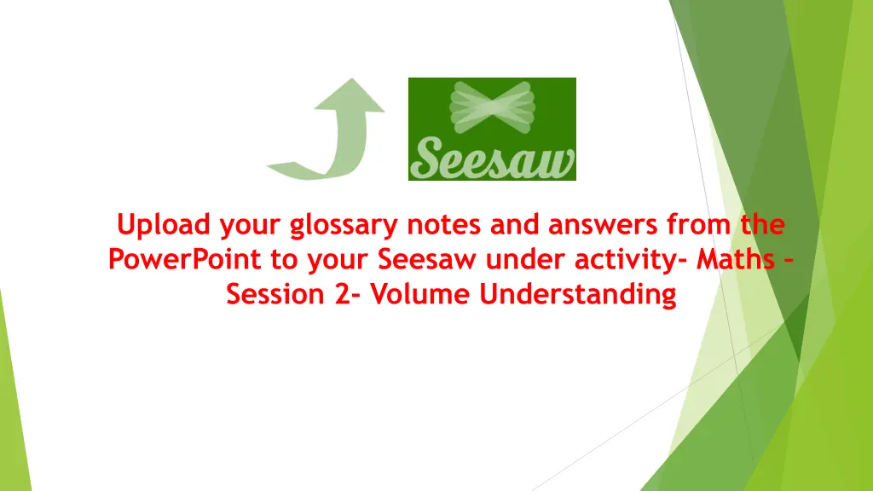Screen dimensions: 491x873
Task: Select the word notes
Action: tap(448, 226)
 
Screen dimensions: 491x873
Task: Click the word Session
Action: tap(272, 294)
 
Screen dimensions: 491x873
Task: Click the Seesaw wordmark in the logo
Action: tap(492, 159)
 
